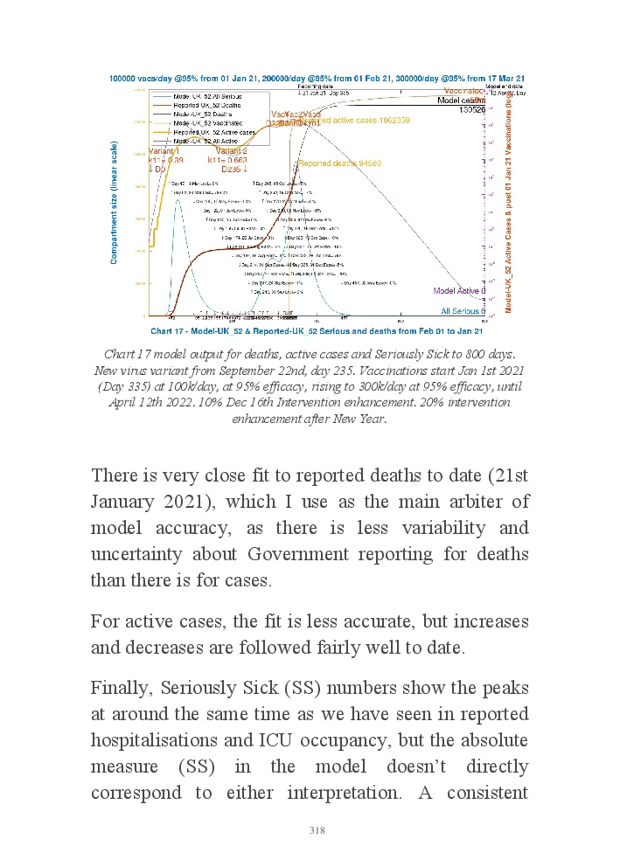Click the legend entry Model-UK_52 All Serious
tap(206, 95)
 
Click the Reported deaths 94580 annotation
tap(327, 163)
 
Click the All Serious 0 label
tap(463, 310)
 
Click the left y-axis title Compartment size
tap(114, 203)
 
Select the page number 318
tap(317, 830)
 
